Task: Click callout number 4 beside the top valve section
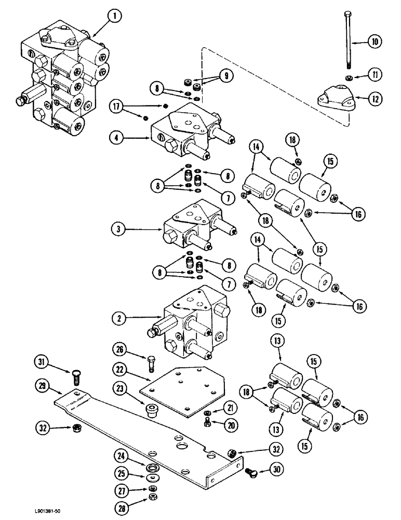117,138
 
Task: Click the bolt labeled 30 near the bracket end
251,473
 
